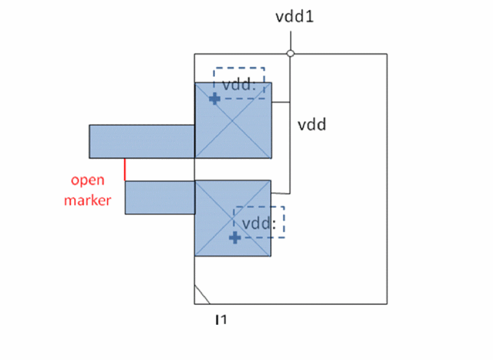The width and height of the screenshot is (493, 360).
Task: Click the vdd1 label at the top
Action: pyautogui.click(x=295, y=16)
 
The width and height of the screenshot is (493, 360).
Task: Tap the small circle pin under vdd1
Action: pyautogui.click(x=290, y=53)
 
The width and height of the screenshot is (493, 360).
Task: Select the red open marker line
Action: pyautogui.click(x=125, y=169)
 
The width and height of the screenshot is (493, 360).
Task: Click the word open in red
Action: pyautogui.click(x=87, y=180)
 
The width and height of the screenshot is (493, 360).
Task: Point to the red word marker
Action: pyautogui.click(x=87, y=200)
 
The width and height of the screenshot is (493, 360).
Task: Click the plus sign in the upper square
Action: pyautogui.click(x=215, y=99)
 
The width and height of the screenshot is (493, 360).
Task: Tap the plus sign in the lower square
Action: pyautogui.click(x=235, y=237)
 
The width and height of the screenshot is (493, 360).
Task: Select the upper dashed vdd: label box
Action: pyautogui.click(x=239, y=82)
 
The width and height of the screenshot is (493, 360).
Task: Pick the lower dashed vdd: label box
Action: pyautogui.click(x=259, y=222)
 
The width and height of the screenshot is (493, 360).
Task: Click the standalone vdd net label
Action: pyautogui.click(x=312, y=124)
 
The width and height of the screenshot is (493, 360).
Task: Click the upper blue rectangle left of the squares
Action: pyautogui.click(x=142, y=141)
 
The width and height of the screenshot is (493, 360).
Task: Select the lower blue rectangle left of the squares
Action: pyautogui.click(x=160, y=197)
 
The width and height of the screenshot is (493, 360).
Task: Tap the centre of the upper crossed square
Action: pyautogui.click(x=233, y=120)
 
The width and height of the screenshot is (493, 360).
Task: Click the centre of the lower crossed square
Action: pyautogui.click(x=233, y=218)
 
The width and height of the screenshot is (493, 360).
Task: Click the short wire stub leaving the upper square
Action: pyautogui.click(x=280, y=102)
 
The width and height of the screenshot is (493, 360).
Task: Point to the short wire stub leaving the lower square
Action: pyautogui.click(x=280, y=193)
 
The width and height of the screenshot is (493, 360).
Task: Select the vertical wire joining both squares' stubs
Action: pyautogui.click(x=290, y=148)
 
